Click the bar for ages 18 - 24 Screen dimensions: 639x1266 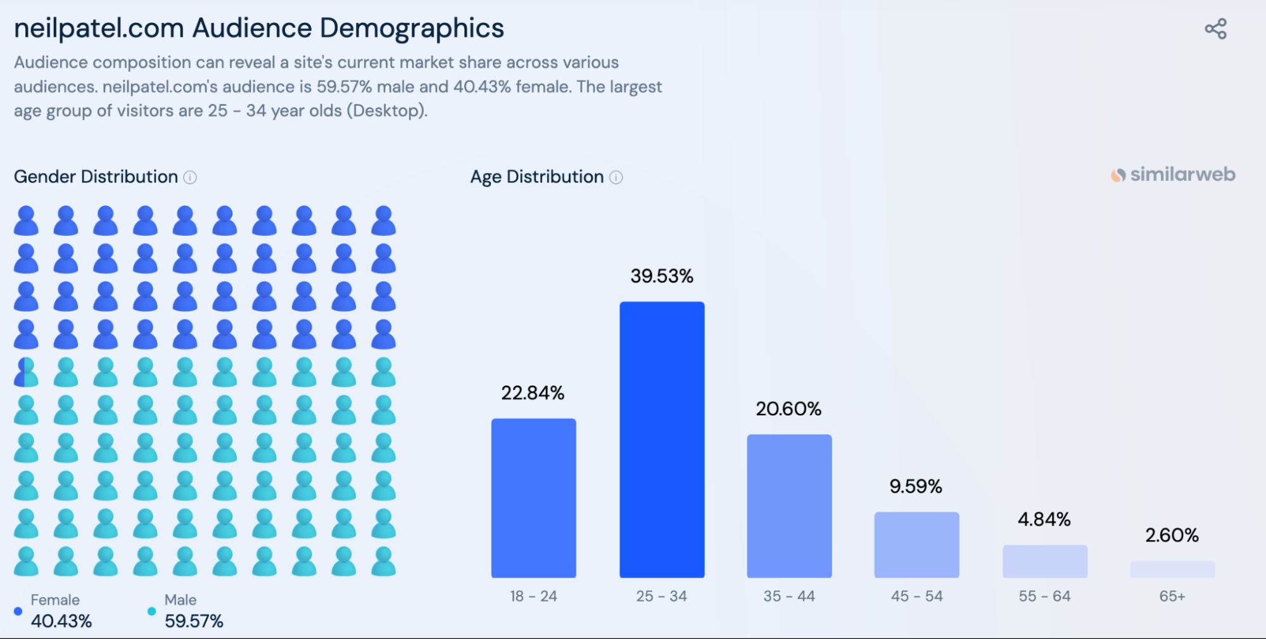tap(533, 498)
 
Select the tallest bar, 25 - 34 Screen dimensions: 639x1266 tap(662, 439)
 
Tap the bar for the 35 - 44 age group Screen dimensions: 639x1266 tap(789, 506)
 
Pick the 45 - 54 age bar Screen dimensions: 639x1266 tap(916, 545)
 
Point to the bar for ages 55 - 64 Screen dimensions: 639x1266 tap(1044, 561)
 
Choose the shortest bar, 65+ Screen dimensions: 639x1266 tap(1172, 569)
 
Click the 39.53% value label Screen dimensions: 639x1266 tap(662, 276)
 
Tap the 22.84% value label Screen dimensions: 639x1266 tap(533, 393)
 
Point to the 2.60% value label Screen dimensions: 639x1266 tap(1172, 536)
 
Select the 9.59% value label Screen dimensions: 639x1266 tap(916, 486)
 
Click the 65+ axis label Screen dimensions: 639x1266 tap(1172, 596)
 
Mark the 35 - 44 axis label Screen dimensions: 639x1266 tap(789, 596)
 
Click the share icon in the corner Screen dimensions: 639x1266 tap(1215, 29)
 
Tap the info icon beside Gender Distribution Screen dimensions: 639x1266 tap(190, 177)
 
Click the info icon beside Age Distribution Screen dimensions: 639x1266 tap(616, 177)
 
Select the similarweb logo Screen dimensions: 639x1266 tap(1173, 174)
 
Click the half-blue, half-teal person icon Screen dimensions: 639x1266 tap(26, 372)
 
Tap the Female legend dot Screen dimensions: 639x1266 tap(18, 611)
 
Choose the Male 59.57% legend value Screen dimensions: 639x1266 tap(194, 621)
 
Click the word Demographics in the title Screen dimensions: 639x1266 tap(412, 29)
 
